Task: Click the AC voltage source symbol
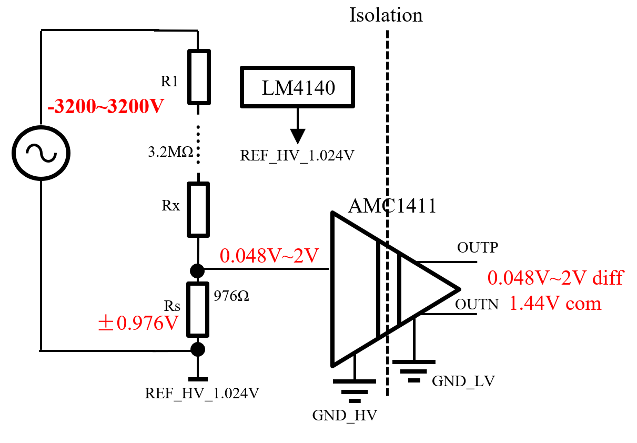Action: tap(41, 153)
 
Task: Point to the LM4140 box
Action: tap(298, 87)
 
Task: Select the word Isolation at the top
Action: tap(386, 15)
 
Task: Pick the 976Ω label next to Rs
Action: tap(231, 296)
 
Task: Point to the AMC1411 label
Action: tap(392, 206)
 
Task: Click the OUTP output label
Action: tap(477, 247)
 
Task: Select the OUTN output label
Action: tap(477, 304)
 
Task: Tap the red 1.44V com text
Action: tap(555, 304)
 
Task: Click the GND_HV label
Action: tap(345, 416)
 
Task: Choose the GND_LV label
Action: tap(463, 381)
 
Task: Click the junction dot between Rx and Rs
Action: tap(197, 270)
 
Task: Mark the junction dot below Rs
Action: tap(197, 349)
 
